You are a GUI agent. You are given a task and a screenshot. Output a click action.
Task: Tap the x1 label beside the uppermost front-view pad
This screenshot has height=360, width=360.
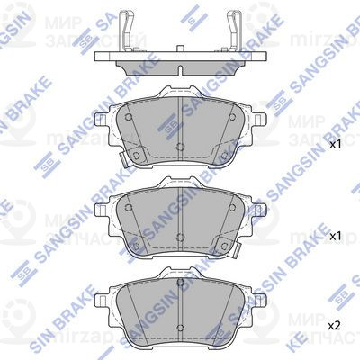click(335, 144)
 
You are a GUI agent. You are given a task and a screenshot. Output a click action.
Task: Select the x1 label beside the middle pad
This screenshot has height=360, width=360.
click(335, 236)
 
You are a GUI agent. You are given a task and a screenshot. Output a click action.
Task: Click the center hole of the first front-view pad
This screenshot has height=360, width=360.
click(181, 148)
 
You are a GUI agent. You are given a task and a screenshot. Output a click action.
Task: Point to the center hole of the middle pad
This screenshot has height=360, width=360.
click(181, 238)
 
